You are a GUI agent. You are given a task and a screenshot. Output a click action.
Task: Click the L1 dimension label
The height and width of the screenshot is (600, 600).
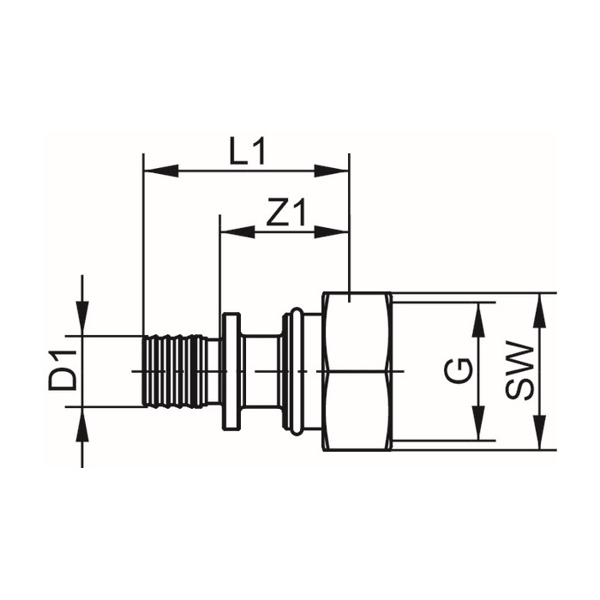click(247, 152)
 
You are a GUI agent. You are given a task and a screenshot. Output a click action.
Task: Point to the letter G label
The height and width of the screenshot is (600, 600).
click(459, 370)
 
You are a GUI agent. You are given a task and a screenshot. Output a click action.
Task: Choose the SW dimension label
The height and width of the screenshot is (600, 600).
click(519, 371)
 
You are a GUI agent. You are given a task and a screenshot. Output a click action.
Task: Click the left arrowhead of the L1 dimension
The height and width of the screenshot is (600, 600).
click(161, 171)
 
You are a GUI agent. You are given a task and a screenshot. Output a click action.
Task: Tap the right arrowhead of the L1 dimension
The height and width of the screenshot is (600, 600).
click(332, 171)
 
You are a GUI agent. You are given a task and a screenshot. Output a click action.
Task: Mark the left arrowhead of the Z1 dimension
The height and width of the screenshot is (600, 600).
click(237, 231)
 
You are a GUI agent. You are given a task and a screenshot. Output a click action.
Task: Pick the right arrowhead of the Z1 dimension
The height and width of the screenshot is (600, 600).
click(332, 231)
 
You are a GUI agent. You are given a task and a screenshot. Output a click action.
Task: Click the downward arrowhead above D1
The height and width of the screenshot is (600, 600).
click(82, 319)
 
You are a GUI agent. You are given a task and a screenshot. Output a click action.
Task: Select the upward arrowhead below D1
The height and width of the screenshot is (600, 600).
click(82, 424)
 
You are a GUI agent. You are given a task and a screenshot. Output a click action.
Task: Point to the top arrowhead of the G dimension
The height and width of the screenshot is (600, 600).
click(478, 320)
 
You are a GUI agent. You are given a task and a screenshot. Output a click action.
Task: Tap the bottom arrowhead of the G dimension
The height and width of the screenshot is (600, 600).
click(478, 423)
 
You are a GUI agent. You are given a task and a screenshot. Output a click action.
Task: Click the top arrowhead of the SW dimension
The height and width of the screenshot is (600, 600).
click(539, 310)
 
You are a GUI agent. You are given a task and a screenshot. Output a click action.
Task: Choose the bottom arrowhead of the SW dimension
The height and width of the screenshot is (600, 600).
click(539, 432)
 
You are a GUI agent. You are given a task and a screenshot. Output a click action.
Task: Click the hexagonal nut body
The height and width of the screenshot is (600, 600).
click(357, 371)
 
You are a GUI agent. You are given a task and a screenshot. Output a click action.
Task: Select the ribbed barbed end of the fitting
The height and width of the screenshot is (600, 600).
click(175, 371)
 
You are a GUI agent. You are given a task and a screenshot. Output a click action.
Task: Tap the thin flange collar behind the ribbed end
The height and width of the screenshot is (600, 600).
click(231, 371)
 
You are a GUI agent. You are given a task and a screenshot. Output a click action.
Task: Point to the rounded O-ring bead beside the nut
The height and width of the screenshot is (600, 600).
click(297, 371)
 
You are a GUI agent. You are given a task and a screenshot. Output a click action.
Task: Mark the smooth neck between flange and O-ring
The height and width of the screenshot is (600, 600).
click(261, 371)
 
